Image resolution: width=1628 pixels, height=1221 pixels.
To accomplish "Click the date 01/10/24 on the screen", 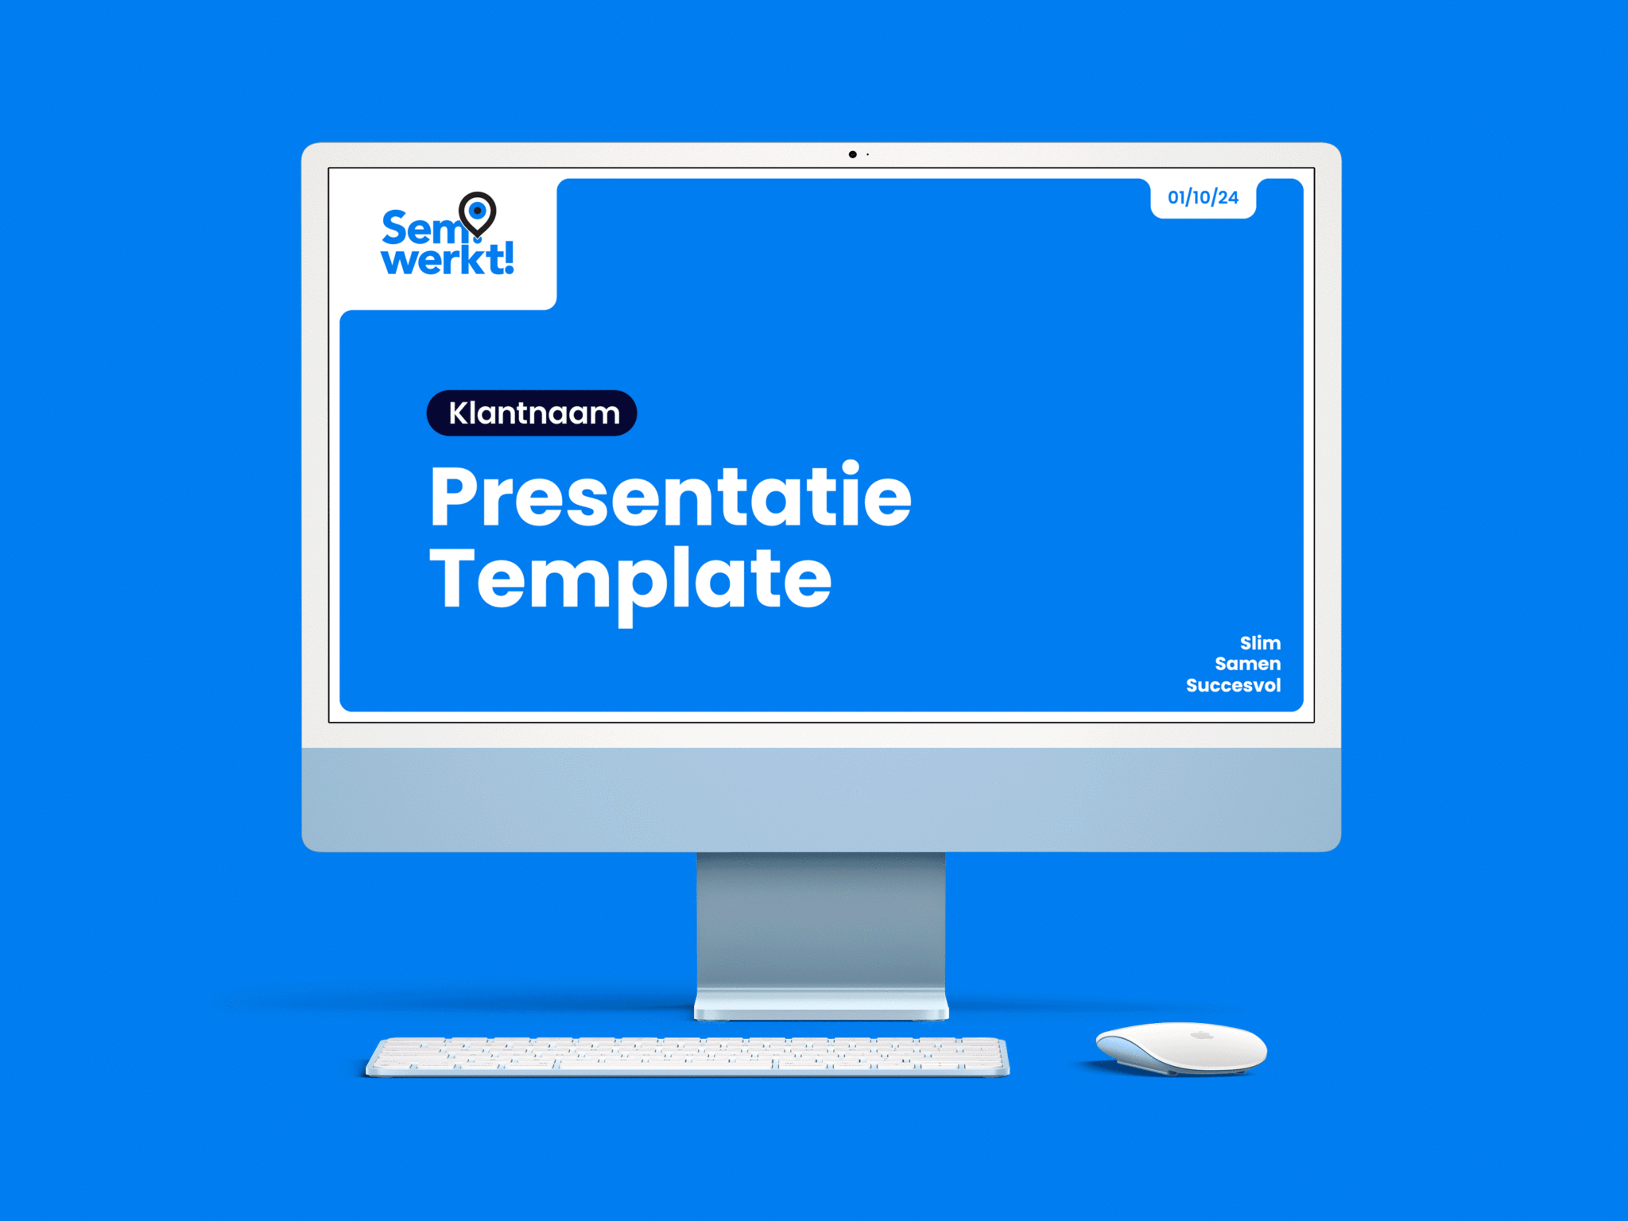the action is tap(1203, 197).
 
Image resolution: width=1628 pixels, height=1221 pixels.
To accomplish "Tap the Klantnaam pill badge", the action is tap(532, 413).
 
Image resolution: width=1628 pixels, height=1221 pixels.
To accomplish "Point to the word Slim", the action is tap(1260, 643).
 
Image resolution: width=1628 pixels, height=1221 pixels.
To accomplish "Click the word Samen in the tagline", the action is tap(1247, 664).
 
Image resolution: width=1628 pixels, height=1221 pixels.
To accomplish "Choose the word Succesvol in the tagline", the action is tap(1233, 685).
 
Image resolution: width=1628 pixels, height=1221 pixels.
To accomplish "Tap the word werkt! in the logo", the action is tap(448, 259).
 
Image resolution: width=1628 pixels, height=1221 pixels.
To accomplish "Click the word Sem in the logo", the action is tap(421, 228).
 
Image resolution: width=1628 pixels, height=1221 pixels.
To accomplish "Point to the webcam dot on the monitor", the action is tap(852, 154).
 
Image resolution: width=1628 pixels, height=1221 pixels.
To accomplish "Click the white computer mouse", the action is tap(1181, 1048).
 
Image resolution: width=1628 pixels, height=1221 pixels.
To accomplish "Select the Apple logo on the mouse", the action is tap(1202, 1035).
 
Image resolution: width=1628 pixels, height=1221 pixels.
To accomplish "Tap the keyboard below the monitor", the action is tap(688, 1056).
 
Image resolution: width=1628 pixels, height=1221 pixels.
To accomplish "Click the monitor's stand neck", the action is tap(821, 922).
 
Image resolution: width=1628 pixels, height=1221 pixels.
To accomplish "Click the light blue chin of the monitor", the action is tap(821, 799).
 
